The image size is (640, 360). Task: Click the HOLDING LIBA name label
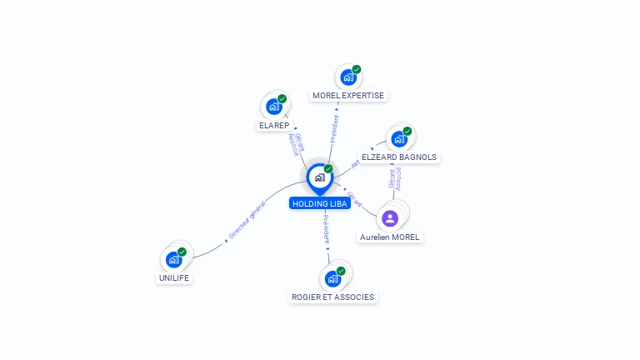click(x=319, y=203)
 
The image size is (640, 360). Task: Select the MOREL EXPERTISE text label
click(x=348, y=96)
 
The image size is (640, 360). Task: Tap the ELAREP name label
click(x=274, y=126)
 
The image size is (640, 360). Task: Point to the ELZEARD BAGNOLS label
click(x=399, y=157)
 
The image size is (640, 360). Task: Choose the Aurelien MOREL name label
click(x=390, y=237)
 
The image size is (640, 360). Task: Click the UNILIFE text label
click(x=174, y=278)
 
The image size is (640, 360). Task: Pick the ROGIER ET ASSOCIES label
click(x=332, y=297)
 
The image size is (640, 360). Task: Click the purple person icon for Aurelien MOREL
click(x=390, y=218)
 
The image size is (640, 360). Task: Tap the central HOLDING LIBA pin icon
click(x=319, y=177)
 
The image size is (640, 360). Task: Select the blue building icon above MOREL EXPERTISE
click(x=347, y=77)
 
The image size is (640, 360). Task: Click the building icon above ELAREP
click(x=273, y=107)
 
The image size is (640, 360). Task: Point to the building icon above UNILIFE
click(x=173, y=259)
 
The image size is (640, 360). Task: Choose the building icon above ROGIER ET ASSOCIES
click(x=332, y=278)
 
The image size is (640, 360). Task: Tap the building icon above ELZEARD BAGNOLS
click(x=399, y=138)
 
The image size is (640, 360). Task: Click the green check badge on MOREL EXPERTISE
click(x=357, y=69)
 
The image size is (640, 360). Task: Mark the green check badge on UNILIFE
click(x=182, y=251)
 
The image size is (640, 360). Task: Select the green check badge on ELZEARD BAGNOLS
click(x=407, y=131)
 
